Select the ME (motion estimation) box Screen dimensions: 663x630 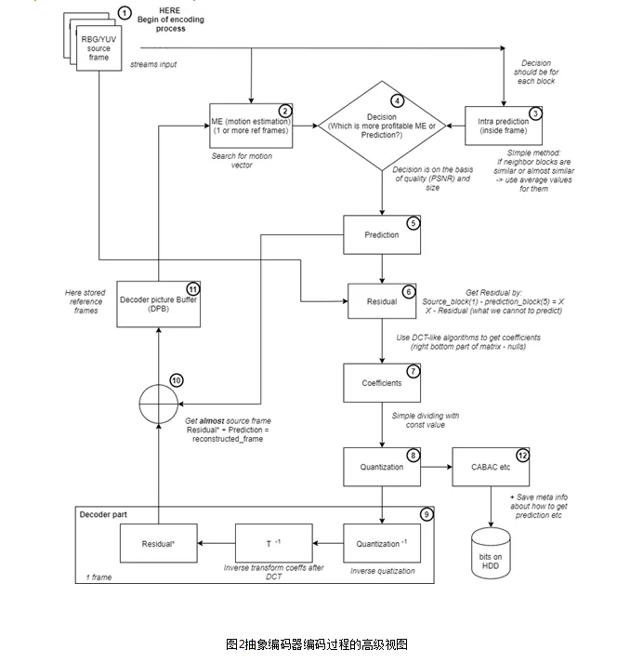point(252,125)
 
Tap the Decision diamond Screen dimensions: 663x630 point(383,125)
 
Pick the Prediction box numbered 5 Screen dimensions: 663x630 point(382,235)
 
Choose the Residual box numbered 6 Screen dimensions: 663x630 point(382,301)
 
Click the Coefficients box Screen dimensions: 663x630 point(382,382)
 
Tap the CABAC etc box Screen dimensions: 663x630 point(492,466)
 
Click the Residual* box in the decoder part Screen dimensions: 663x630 point(159,544)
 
